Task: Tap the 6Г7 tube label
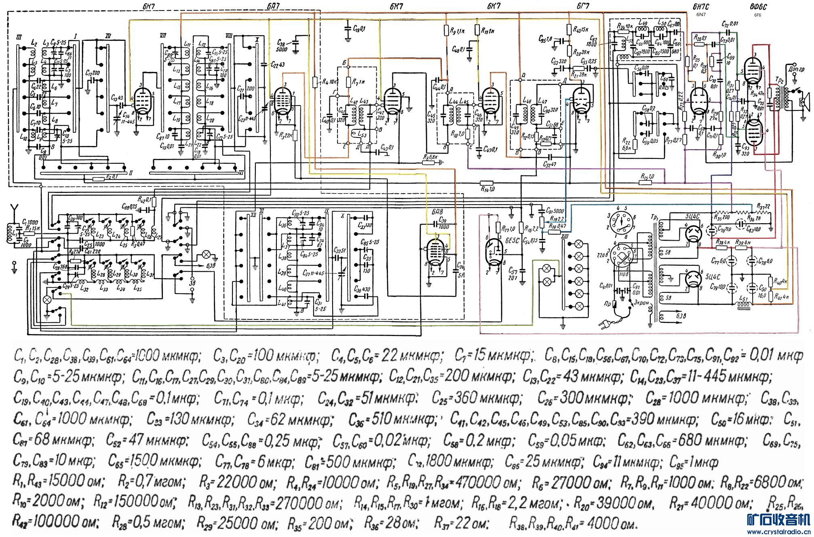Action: pyautogui.click(x=586, y=6)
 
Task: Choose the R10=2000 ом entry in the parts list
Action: pyautogui.click(x=49, y=503)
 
